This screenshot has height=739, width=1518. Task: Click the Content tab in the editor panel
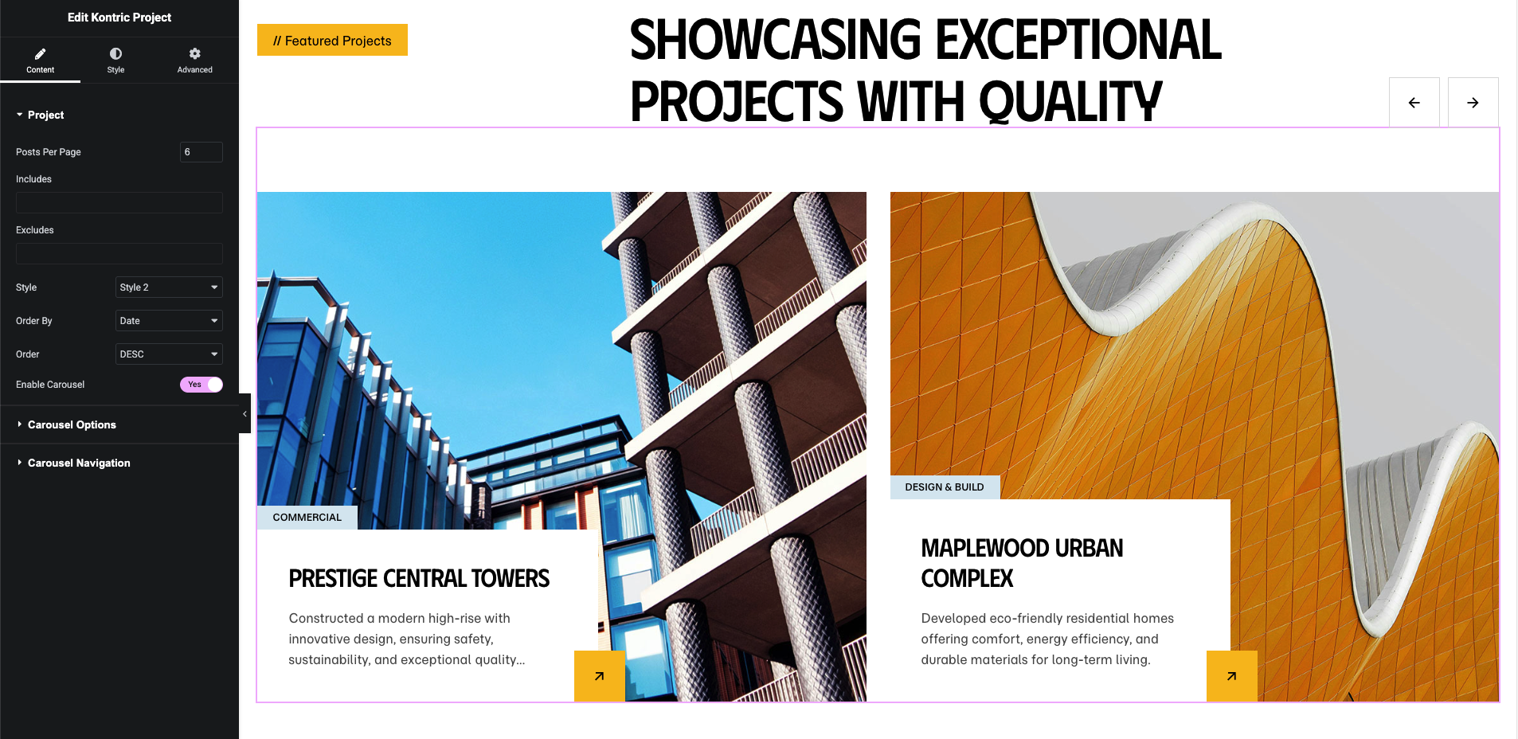pyautogui.click(x=40, y=60)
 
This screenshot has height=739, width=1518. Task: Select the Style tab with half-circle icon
pyautogui.click(x=115, y=60)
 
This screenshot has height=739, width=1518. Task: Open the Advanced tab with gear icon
pyautogui.click(x=194, y=60)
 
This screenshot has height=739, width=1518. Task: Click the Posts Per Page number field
pyautogui.click(x=201, y=152)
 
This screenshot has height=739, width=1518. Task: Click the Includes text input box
pyautogui.click(x=119, y=202)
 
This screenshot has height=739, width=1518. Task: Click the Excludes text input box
pyautogui.click(x=119, y=253)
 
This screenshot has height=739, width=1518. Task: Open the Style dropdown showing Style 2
pyautogui.click(x=169, y=287)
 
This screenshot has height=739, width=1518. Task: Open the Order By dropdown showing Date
pyautogui.click(x=169, y=321)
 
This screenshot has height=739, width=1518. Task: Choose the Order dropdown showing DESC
pyautogui.click(x=169, y=354)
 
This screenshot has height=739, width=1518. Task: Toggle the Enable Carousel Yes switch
pyautogui.click(x=201, y=385)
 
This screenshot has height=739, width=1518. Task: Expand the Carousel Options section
pyautogui.click(x=72, y=424)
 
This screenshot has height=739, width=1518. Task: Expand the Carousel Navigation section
pyautogui.click(x=79, y=463)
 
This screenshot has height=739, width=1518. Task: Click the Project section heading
pyautogui.click(x=45, y=115)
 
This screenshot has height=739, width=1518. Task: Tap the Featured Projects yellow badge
pyautogui.click(x=332, y=40)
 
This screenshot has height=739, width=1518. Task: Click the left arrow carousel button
pyautogui.click(x=1414, y=103)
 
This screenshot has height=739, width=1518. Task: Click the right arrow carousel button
pyautogui.click(x=1473, y=103)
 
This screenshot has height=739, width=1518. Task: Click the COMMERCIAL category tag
pyautogui.click(x=307, y=518)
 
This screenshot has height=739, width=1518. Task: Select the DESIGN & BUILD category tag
pyautogui.click(x=945, y=487)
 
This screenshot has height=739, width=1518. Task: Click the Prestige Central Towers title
pyautogui.click(x=419, y=579)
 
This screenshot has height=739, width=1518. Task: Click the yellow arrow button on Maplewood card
pyautogui.click(x=1232, y=676)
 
